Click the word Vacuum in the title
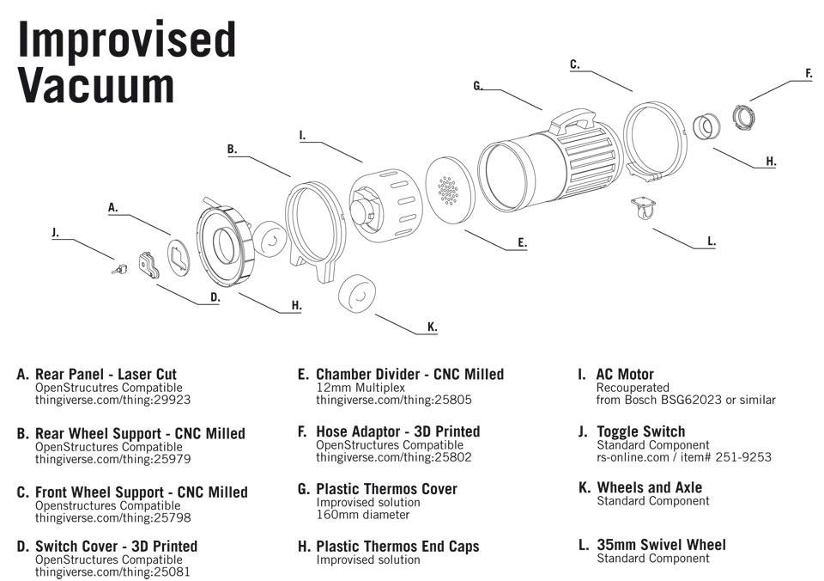pyautogui.click(x=96, y=85)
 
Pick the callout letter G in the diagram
pyautogui.click(x=478, y=85)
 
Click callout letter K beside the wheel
pyautogui.click(x=432, y=327)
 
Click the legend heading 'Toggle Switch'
pyautogui.click(x=640, y=431)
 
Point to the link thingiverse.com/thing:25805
pyautogui.click(x=393, y=400)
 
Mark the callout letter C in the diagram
pyautogui.click(x=574, y=64)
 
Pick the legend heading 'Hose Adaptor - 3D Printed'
pyautogui.click(x=397, y=431)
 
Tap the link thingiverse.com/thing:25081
pyautogui.click(x=112, y=572)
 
